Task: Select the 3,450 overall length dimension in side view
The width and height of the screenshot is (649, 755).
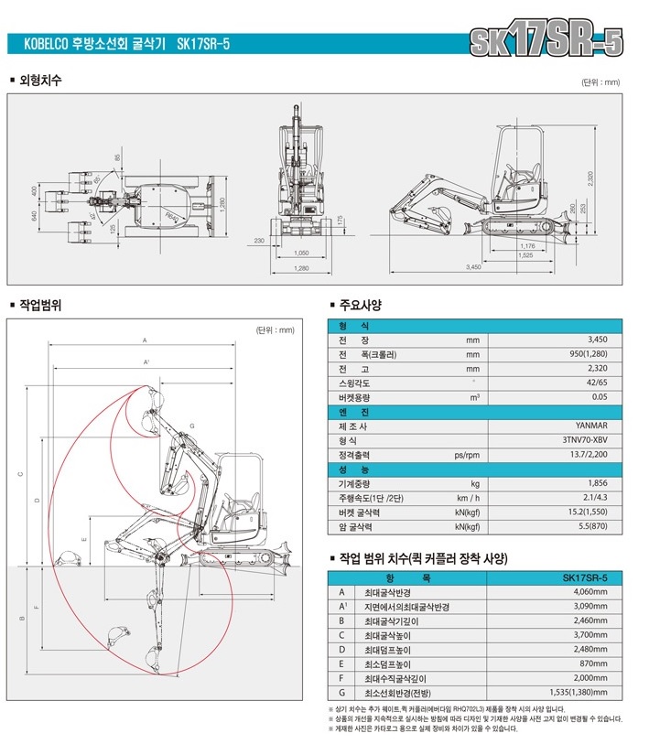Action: (x=473, y=266)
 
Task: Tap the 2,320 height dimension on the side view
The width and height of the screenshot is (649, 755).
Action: (x=591, y=179)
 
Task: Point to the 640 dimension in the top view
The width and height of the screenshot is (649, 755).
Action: (x=35, y=215)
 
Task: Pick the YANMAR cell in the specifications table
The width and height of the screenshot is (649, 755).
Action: (x=592, y=426)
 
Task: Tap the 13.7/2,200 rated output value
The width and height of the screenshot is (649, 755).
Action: (x=587, y=455)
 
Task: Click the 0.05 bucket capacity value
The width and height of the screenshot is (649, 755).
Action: (x=600, y=397)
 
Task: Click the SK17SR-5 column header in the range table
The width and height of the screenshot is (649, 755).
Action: (x=586, y=578)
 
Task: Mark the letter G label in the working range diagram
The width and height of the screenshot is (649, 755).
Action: (x=192, y=426)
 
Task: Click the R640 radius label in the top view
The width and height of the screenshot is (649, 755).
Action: (x=171, y=213)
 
